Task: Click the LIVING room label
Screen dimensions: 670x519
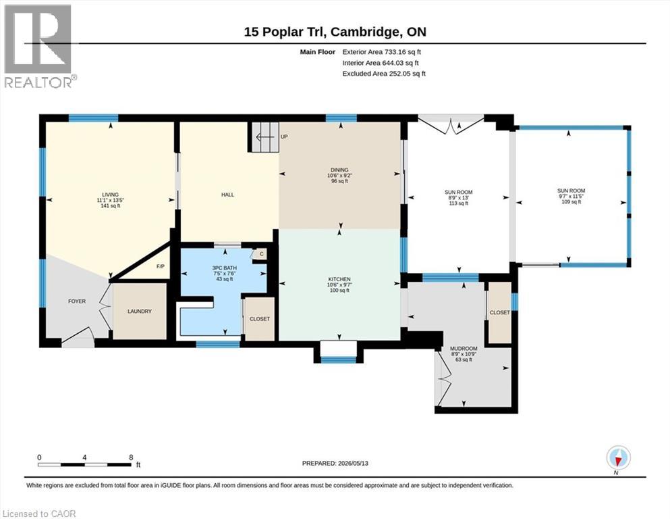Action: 110,195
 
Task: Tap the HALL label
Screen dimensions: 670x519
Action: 228,195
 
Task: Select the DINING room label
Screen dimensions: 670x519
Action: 339,170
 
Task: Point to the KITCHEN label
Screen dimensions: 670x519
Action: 339,279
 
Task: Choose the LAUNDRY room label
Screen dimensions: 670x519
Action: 140,312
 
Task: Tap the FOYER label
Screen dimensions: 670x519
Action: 77,301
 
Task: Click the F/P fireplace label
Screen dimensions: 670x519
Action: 161,266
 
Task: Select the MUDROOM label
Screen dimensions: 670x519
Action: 464,349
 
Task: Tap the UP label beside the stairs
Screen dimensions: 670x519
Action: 284,137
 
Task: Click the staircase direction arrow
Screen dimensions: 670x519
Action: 265,137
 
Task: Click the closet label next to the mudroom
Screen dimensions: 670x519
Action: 500,313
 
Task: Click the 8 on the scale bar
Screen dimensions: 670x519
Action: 131,457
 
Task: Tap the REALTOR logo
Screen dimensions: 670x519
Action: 39,45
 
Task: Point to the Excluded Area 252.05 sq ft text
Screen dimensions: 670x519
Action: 384,74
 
